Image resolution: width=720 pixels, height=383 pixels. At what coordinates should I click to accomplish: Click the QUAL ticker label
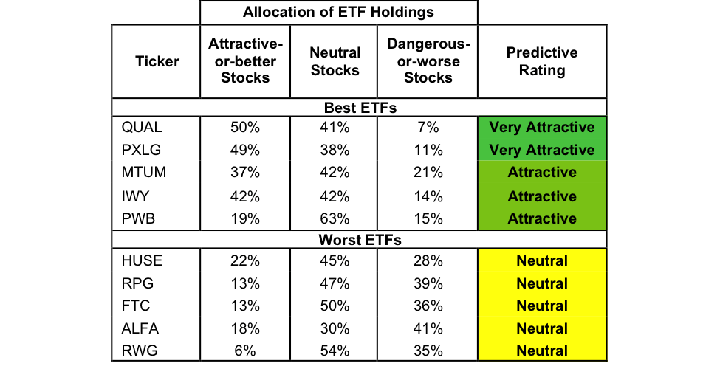pos(141,128)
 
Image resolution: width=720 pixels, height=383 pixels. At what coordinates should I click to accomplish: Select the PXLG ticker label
pos(141,151)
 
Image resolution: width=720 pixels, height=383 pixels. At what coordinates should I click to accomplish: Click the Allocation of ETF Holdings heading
pos(338,12)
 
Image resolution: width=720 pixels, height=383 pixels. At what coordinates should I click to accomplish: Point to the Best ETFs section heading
pos(360,108)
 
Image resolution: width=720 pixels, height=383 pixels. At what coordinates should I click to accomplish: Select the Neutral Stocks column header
pos(335,62)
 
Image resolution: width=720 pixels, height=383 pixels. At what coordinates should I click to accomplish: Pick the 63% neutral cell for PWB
pos(335,219)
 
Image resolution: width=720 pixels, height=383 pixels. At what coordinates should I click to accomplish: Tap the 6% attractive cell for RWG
pos(245,351)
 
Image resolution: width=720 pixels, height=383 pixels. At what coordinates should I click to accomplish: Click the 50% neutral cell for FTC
pos(335,306)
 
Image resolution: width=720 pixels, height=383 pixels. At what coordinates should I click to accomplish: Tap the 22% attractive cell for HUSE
pos(245,260)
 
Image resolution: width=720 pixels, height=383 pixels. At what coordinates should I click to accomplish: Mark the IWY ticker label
pos(136,196)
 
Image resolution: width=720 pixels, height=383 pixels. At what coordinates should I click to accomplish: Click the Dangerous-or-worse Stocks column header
pos(428,62)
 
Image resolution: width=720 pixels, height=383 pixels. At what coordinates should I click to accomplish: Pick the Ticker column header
pos(157,62)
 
